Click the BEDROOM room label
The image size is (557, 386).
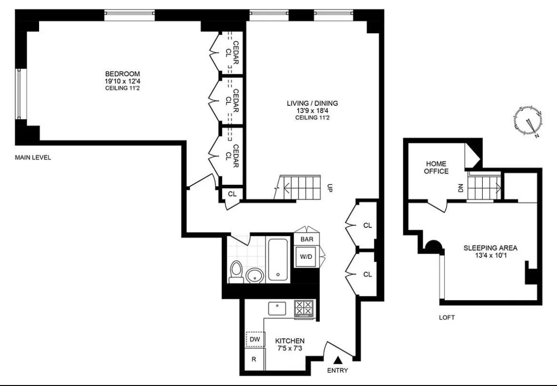click(x=122, y=74)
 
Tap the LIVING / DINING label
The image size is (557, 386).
click(x=312, y=103)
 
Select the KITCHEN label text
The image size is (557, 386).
click(x=290, y=341)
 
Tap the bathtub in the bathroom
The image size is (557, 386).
click(x=278, y=260)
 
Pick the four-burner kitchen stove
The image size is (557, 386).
click(x=304, y=308)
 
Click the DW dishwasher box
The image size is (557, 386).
click(x=255, y=339)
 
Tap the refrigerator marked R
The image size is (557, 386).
click(x=254, y=360)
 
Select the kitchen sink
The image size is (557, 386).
click(x=277, y=308)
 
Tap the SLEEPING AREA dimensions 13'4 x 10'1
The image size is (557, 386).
click(x=490, y=256)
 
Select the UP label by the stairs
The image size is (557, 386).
click(x=329, y=188)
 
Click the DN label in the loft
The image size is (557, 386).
click(x=460, y=188)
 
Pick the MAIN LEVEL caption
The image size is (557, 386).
click(x=33, y=158)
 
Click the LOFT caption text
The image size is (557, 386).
click(x=447, y=317)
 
